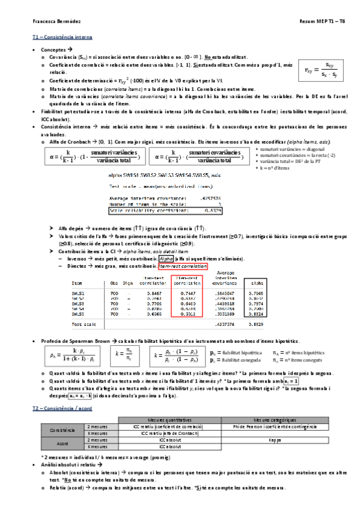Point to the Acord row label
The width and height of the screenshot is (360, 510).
coord(63,443)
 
